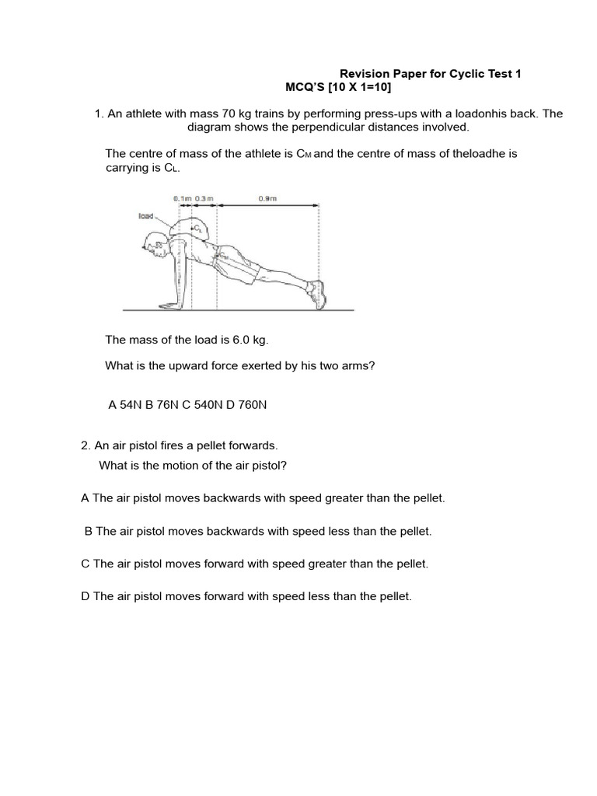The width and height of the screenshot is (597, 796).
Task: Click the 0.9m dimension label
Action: point(267,199)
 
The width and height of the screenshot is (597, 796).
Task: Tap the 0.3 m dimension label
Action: point(205,199)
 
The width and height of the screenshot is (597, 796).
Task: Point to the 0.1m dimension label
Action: point(183,199)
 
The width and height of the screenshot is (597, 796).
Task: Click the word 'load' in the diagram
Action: point(146,217)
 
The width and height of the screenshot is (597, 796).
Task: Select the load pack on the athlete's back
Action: point(192,226)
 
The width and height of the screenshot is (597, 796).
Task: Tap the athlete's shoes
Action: point(316,295)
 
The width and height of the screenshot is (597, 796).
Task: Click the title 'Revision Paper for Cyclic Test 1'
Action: point(431,74)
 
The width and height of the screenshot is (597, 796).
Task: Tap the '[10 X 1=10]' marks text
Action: point(351,88)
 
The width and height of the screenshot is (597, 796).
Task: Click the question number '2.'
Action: point(86,445)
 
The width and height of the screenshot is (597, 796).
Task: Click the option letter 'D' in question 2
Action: point(85,596)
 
